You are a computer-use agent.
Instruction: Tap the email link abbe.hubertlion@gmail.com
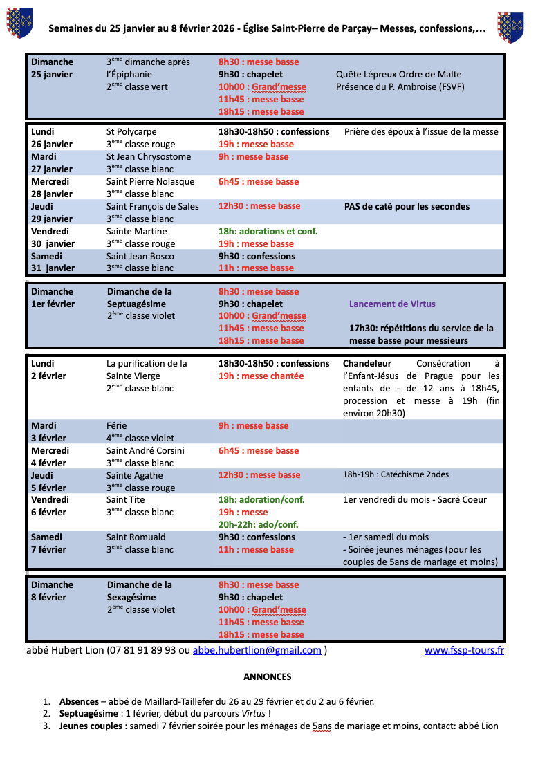click(x=257, y=650)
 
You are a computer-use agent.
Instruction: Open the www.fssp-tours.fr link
click(x=464, y=650)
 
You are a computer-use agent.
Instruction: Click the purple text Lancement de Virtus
click(x=392, y=304)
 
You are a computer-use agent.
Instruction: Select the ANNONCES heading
click(x=268, y=676)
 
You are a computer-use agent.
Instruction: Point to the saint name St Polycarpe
click(x=131, y=131)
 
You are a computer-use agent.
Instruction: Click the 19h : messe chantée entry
click(x=261, y=376)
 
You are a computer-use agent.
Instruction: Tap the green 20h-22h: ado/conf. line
click(x=258, y=524)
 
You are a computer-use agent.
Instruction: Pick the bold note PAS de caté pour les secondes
click(x=407, y=206)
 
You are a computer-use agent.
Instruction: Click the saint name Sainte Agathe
click(x=135, y=475)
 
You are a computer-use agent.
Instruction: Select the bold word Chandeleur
click(x=367, y=363)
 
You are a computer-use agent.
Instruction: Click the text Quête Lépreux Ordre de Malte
click(x=398, y=75)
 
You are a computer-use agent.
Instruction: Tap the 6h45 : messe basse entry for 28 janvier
click(x=259, y=181)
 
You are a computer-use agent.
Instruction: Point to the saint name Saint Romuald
click(x=136, y=537)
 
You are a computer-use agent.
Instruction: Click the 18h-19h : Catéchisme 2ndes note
click(x=396, y=474)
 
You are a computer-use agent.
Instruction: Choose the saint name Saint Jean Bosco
click(x=140, y=256)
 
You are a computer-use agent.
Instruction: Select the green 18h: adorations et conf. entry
click(x=268, y=231)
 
